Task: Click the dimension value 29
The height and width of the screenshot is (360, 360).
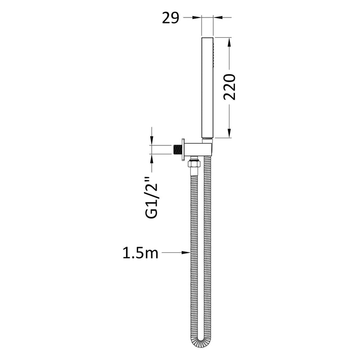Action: point(170,18)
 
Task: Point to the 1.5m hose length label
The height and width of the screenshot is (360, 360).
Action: point(140,254)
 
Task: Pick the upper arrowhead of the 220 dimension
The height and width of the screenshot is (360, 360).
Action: point(230,41)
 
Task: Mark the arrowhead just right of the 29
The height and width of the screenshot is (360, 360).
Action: point(197,18)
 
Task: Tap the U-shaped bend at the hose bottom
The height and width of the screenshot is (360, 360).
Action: point(201,343)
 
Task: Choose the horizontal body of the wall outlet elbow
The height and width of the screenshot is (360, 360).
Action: point(198,149)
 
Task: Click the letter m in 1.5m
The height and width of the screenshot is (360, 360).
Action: point(151,254)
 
